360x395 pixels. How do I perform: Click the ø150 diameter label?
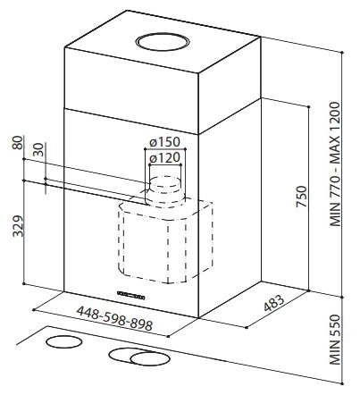click(164, 142)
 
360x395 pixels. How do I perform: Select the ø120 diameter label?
click(164, 158)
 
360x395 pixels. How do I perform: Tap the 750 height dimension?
click(301, 197)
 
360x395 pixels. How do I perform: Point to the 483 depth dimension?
click(274, 303)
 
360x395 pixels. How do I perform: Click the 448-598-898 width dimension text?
click(114, 318)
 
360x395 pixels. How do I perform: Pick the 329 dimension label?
click(19, 226)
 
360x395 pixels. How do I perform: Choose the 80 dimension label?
click(18, 143)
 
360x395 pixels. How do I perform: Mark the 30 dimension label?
click(38, 150)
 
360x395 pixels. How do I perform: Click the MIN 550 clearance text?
click(335, 339)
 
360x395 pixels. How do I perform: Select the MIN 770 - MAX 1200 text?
click(335, 164)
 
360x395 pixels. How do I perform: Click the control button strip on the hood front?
click(131, 295)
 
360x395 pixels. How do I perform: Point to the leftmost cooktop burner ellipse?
click(64, 342)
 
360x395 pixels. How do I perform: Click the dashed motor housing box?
click(165, 241)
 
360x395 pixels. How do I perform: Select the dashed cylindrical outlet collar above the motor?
click(164, 192)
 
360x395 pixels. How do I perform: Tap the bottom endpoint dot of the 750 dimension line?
click(309, 290)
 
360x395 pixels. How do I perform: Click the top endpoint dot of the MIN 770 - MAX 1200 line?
click(342, 53)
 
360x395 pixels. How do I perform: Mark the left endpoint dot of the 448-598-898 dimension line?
click(34, 310)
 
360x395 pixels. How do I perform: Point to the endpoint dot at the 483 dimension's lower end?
click(247, 327)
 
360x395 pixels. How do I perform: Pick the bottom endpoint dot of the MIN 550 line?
click(343, 383)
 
